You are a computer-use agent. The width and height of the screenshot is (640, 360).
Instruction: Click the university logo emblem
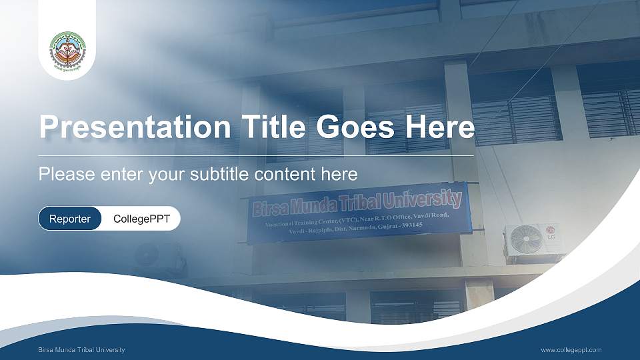click(x=67, y=53)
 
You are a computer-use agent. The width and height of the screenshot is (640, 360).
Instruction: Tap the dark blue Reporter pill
click(x=70, y=219)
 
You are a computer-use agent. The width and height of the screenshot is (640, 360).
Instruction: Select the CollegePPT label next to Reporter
click(x=141, y=219)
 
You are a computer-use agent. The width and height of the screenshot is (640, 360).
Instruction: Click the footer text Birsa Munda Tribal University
click(x=81, y=350)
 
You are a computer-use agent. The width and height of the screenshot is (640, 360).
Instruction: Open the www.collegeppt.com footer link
click(x=571, y=350)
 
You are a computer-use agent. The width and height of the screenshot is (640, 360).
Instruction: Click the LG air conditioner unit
click(x=533, y=242)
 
